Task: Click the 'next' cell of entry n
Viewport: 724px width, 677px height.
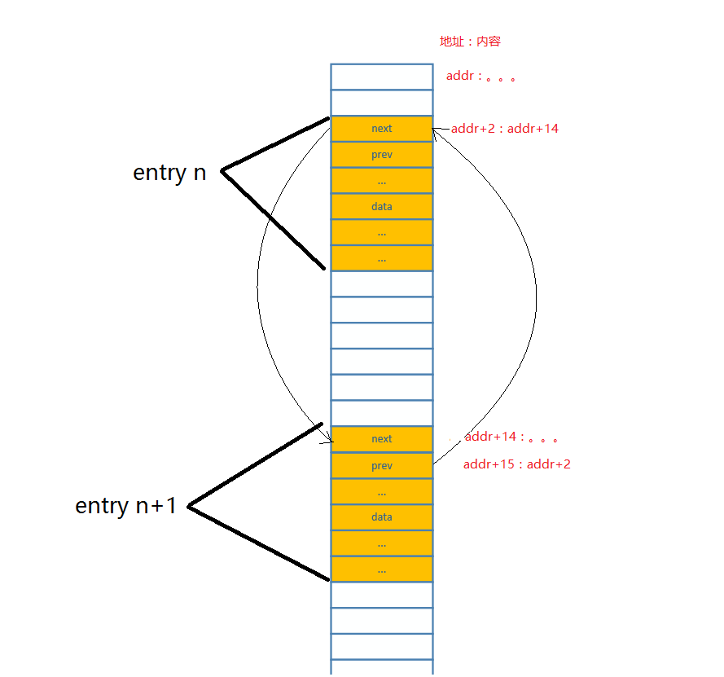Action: point(381,129)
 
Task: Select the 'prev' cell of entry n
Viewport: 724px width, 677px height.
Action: point(381,155)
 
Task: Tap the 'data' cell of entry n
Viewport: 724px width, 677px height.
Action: point(381,207)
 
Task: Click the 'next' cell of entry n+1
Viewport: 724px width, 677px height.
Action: point(381,439)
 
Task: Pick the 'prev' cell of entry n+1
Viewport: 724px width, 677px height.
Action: point(381,466)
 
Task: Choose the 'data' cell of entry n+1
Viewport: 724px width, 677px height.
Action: point(381,517)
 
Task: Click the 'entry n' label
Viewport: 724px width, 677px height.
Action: point(169,173)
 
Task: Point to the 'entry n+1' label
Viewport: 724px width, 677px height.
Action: point(125,506)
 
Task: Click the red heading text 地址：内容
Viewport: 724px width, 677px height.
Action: point(476,42)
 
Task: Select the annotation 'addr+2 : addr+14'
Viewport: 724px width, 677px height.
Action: point(505,129)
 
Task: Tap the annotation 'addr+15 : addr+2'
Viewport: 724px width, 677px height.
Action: point(517,465)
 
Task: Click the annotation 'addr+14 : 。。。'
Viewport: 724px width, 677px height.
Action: point(511,437)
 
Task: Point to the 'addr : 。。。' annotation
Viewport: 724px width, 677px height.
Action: point(480,77)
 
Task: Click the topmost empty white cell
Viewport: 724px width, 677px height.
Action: point(381,77)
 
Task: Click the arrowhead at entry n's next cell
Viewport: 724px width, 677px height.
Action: point(436,130)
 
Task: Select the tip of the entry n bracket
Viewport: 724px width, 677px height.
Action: point(222,170)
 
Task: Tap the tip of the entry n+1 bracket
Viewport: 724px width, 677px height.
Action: point(189,506)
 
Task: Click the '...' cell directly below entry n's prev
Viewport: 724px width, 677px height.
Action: point(381,181)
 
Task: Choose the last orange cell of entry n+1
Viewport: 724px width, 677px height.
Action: point(381,569)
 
